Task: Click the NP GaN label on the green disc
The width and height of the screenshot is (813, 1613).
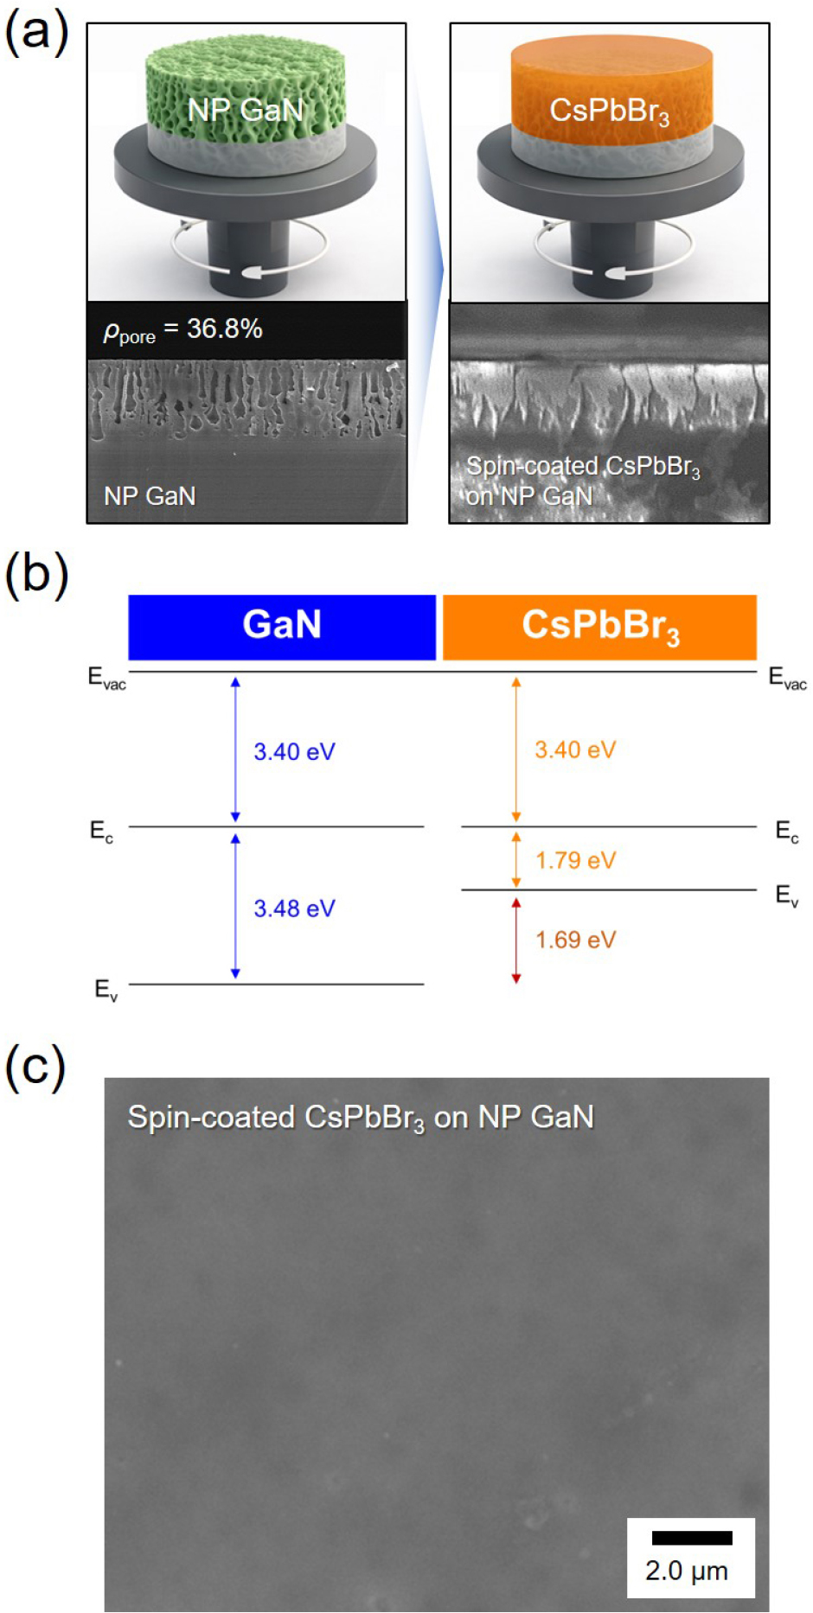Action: tap(246, 110)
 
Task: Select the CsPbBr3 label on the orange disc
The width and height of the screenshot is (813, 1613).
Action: tap(610, 112)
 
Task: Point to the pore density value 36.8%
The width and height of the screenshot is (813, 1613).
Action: tap(225, 328)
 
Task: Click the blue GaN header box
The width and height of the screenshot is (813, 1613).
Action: tap(282, 627)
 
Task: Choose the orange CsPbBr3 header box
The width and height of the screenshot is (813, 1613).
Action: tap(599, 627)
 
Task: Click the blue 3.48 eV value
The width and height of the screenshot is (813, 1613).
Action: tap(294, 909)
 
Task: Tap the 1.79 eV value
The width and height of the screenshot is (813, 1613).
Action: tap(575, 860)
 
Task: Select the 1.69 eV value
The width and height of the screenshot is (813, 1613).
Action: tap(575, 940)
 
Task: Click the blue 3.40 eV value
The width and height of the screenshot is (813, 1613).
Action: tap(294, 751)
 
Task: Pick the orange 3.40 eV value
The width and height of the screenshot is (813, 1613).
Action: tap(575, 749)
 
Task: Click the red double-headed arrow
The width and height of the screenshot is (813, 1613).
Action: tap(516, 940)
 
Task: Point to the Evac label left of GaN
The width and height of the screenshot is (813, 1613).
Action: tap(107, 678)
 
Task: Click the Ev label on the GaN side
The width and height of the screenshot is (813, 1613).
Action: tap(106, 990)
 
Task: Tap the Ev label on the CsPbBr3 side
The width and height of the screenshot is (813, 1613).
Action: tap(787, 896)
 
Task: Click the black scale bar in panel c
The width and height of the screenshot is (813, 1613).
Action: tap(692, 1538)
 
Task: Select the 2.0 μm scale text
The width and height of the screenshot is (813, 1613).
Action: tap(687, 1571)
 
